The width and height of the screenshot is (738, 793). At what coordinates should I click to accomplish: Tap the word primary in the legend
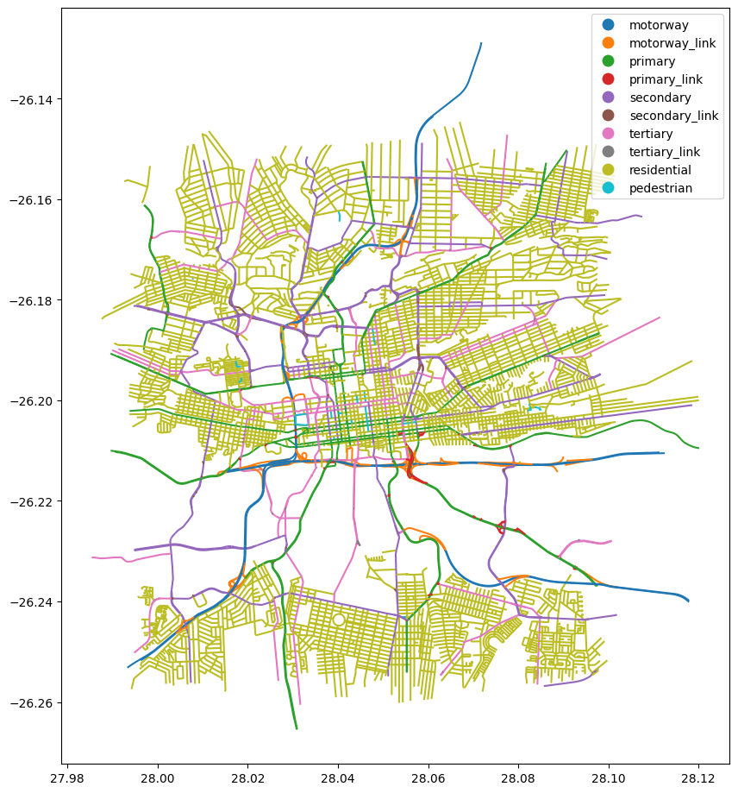(652, 61)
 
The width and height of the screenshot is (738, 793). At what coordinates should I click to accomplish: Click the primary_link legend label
(666, 79)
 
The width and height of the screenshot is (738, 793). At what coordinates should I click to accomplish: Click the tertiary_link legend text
(665, 152)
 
